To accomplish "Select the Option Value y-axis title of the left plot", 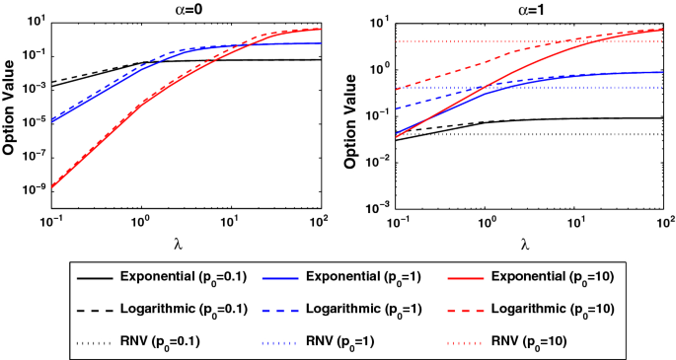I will point(9,113).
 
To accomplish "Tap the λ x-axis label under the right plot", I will point(523,243).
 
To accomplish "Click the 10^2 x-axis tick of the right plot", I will point(662,224).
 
